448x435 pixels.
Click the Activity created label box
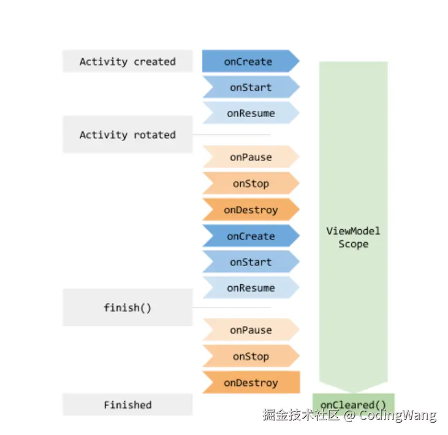coord(127,61)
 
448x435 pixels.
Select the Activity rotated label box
coord(127,135)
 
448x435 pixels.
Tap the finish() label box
coord(127,308)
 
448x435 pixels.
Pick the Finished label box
coord(127,405)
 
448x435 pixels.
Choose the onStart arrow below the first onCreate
coord(250,88)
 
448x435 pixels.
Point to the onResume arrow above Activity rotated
coord(250,113)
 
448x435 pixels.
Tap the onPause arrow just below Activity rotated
coord(250,157)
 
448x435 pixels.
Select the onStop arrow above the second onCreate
coord(250,184)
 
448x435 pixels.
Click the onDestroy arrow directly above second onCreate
coord(250,210)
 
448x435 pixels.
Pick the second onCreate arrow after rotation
coord(250,236)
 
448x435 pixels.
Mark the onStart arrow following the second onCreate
coord(250,262)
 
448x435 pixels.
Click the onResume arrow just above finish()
coord(250,288)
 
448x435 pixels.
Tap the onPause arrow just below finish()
coord(250,330)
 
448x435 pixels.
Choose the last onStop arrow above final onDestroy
coord(250,357)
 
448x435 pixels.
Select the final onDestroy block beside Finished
coord(250,383)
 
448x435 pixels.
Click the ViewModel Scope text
coord(354,237)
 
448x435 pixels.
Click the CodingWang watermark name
coord(398,415)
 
